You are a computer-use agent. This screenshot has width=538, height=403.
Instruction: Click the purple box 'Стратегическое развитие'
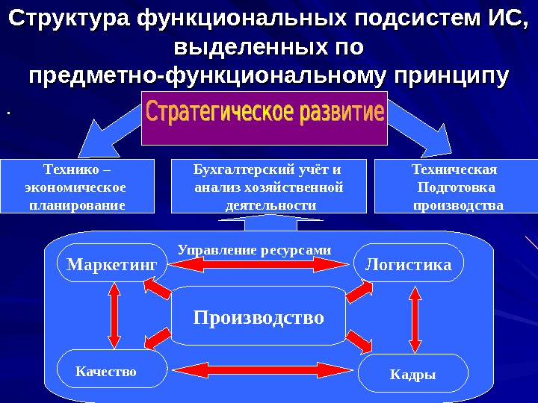pos(265,118)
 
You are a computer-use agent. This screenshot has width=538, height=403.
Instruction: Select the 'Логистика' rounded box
pos(408,264)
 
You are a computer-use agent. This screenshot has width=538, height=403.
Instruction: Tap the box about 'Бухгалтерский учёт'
pos(269,186)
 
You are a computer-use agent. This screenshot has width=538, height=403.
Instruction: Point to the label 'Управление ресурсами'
pos(254,249)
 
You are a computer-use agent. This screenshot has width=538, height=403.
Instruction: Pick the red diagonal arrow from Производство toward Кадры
pos(359,343)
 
